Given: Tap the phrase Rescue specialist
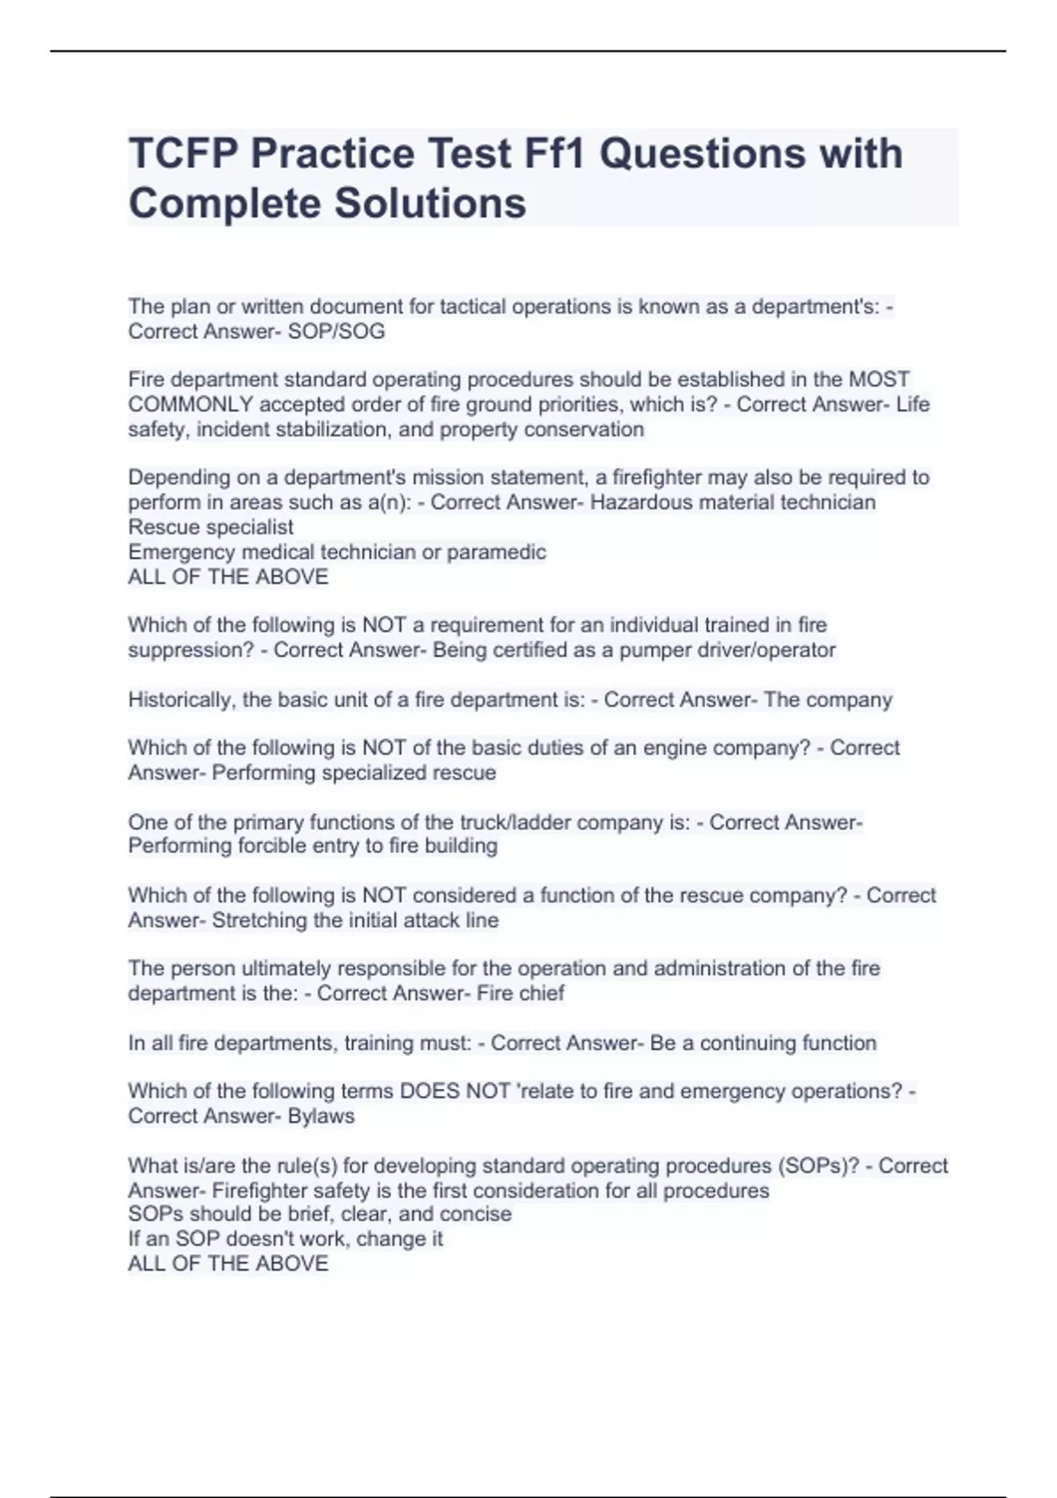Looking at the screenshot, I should (x=211, y=527).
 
